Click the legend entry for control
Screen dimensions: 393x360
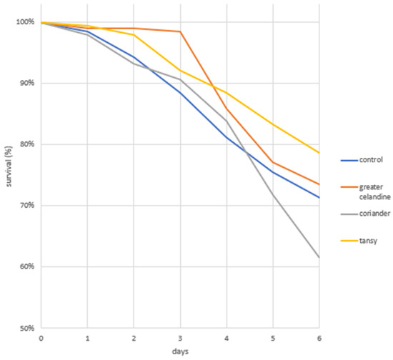[x=362, y=160]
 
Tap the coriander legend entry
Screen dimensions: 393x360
[x=365, y=214]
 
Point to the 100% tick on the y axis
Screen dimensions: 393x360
[x=25, y=22]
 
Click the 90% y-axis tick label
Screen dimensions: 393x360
[x=27, y=83]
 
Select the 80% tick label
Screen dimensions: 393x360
[x=27, y=144]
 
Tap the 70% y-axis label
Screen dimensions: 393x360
[x=27, y=206]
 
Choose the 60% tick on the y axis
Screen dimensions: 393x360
[x=27, y=266]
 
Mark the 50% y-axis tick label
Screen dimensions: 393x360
[x=27, y=328]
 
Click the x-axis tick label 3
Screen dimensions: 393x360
[x=180, y=339]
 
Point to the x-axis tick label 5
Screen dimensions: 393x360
[x=273, y=339]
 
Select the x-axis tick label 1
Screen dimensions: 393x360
[x=87, y=339]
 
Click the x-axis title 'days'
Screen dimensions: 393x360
[x=180, y=351]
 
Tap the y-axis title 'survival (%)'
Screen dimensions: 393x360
[x=9, y=166]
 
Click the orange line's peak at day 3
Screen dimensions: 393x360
[x=180, y=31]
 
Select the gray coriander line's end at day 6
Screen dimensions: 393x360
[x=319, y=257]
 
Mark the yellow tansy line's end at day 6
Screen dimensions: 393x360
[x=319, y=153]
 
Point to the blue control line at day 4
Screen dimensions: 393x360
[x=227, y=137]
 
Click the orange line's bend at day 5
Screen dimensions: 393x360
[x=273, y=162]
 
